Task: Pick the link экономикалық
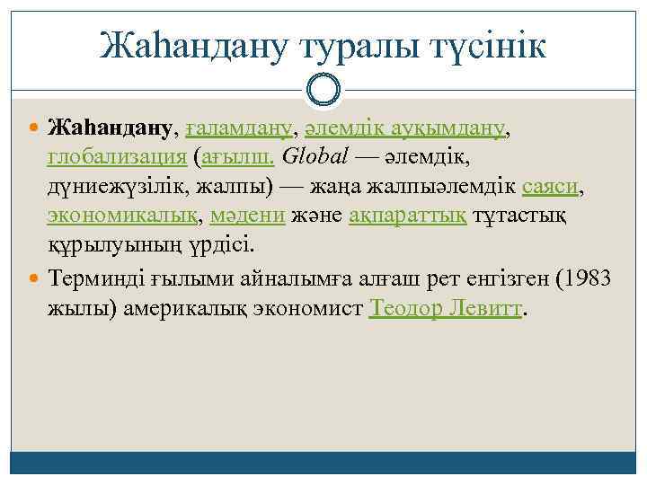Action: tap(127, 216)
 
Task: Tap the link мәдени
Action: tap(248, 216)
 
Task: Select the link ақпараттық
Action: tap(408, 216)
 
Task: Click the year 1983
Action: tap(588, 278)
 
